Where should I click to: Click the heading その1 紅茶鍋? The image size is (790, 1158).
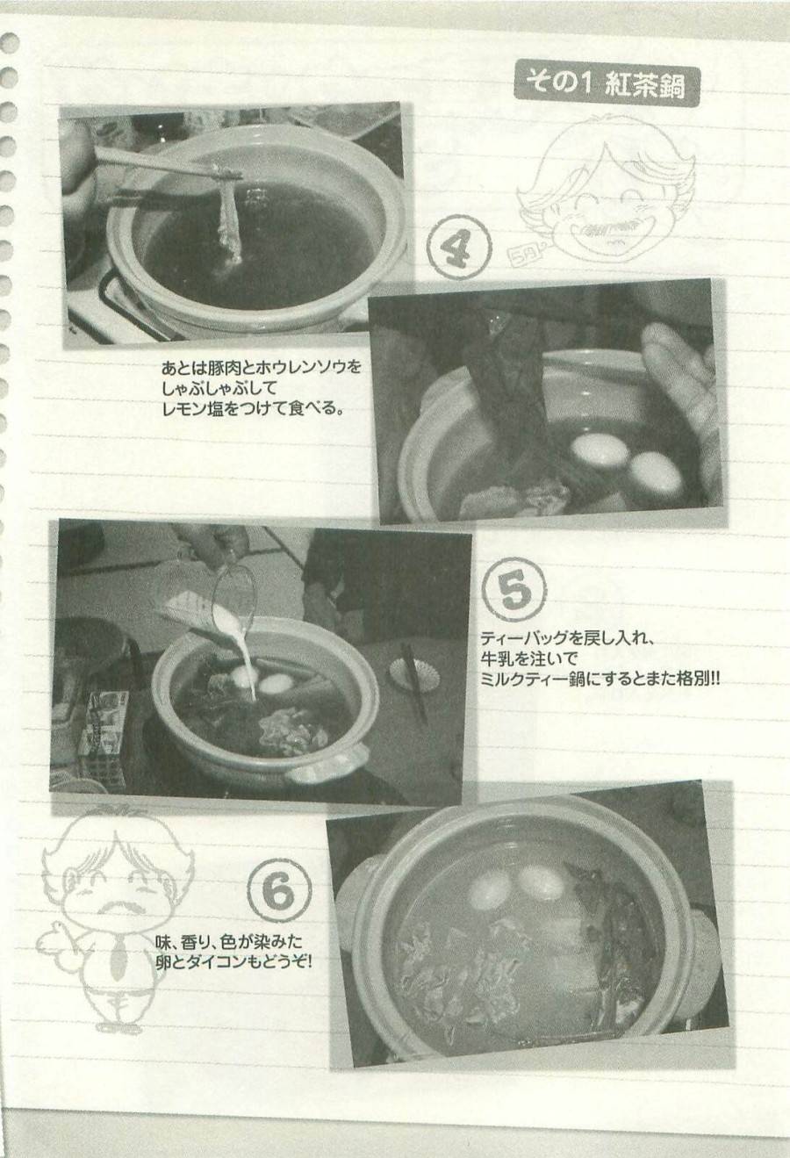tap(606, 84)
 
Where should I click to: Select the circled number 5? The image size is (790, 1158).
tap(515, 590)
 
